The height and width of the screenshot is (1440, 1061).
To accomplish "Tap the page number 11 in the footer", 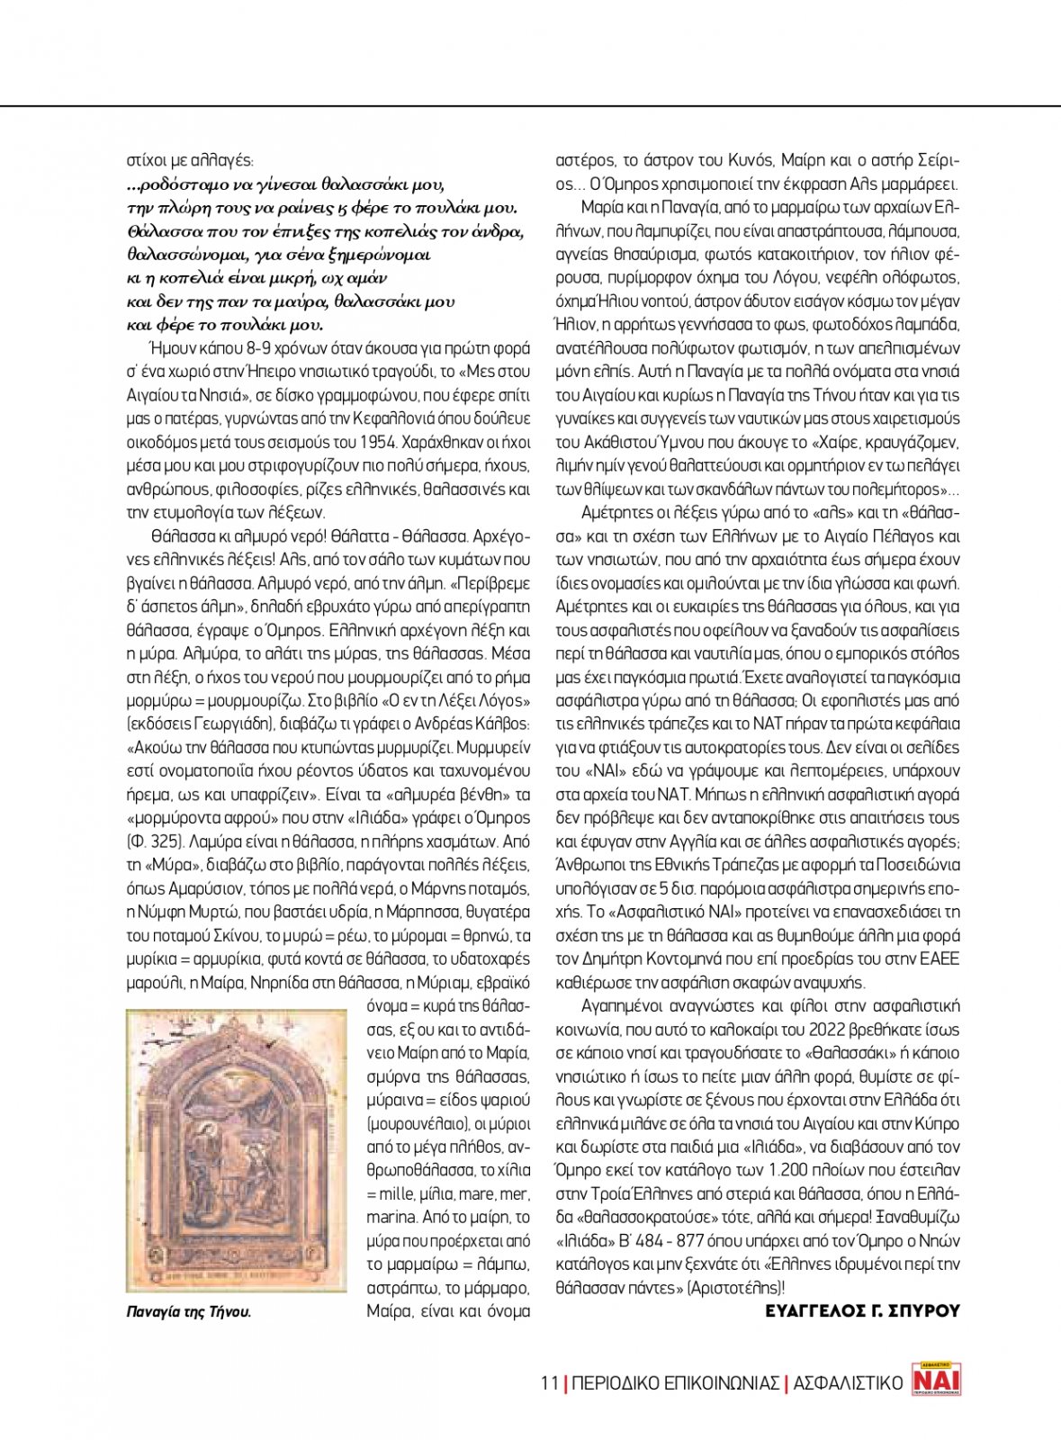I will [549, 1383].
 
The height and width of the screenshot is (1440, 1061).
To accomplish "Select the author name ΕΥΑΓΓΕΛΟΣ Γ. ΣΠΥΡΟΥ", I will [862, 1311].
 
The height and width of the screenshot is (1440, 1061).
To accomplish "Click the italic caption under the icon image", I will [189, 1312].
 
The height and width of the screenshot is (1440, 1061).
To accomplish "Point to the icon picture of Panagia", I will [237, 1151].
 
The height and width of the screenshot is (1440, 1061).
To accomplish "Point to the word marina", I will [391, 1218].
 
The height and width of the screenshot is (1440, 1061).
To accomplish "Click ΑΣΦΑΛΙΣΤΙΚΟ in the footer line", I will [847, 1383].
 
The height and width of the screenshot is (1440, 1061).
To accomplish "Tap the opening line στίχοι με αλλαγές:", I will [190, 161].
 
